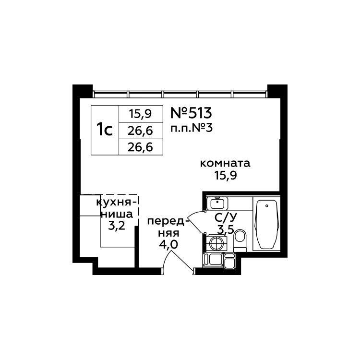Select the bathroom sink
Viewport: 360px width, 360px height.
[x=215, y=203]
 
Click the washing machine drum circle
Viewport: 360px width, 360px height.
[x=216, y=243]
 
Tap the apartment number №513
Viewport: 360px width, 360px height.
[x=191, y=113]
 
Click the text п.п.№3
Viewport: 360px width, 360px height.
[x=192, y=129]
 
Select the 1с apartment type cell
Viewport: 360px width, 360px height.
[x=105, y=130]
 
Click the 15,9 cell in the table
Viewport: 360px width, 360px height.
[x=140, y=114]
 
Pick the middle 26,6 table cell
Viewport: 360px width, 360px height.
[x=140, y=130]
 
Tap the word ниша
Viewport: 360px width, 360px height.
[x=114, y=214]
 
